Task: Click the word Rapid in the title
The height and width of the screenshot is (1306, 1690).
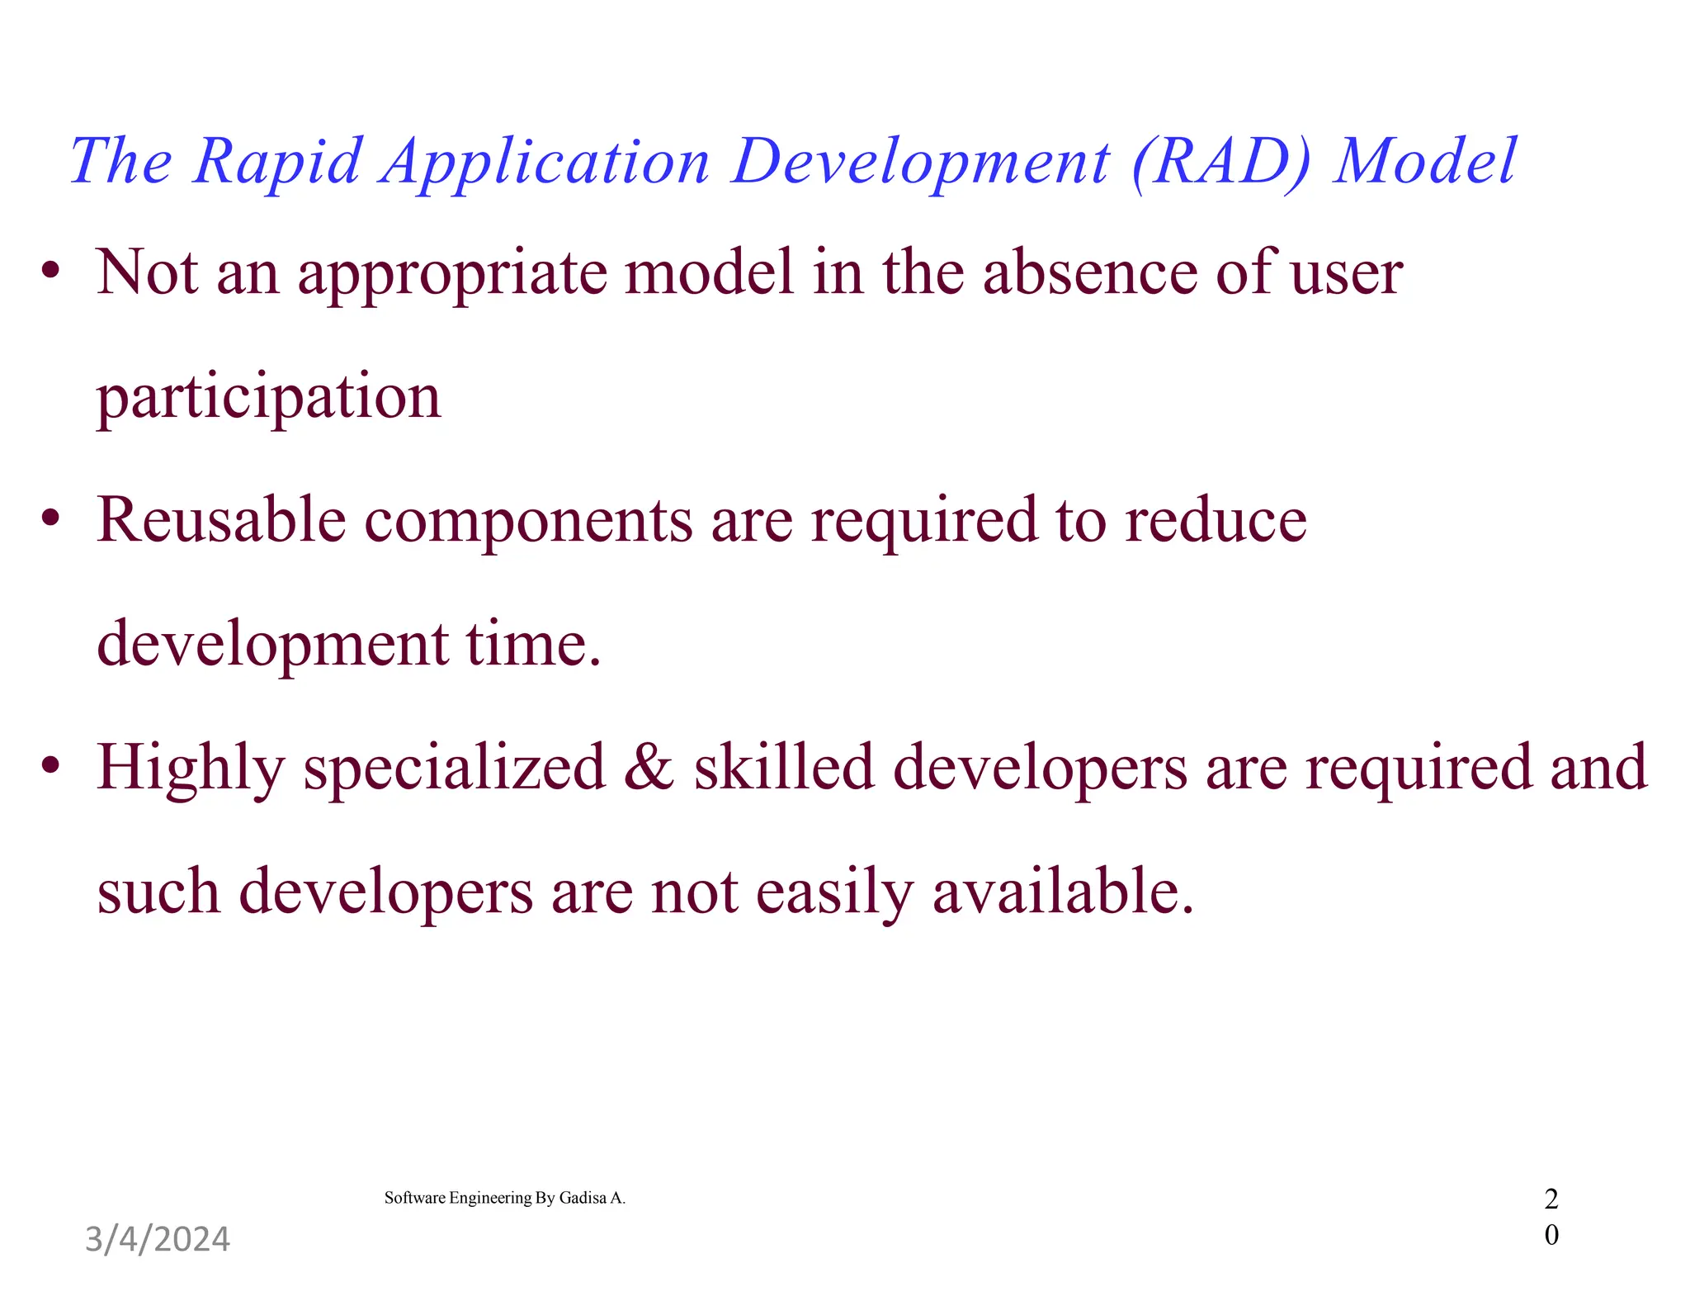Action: pos(278,161)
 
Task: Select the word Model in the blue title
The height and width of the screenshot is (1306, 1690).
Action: pos(1425,161)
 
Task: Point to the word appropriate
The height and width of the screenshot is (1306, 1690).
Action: pos(452,274)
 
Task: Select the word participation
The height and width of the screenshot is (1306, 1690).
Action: pos(269,398)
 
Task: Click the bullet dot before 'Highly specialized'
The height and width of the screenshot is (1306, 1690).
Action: pos(51,765)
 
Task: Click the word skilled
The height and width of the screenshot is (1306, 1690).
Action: pos(783,768)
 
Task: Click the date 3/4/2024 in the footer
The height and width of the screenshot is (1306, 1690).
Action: pos(158,1239)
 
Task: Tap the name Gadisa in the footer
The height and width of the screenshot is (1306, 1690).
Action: pos(583,1198)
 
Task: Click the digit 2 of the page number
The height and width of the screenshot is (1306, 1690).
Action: pos(1551,1199)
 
